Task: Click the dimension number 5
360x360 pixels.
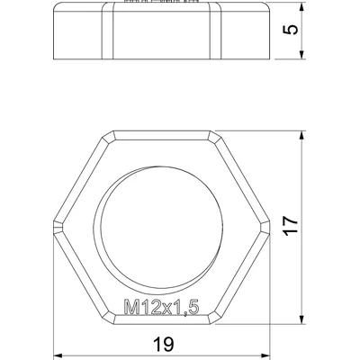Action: click(x=292, y=30)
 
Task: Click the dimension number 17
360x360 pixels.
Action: click(x=292, y=225)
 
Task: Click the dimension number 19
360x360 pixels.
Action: click(x=164, y=344)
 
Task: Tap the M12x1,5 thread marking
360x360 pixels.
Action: click(x=161, y=307)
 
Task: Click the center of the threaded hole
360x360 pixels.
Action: click(x=162, y=227)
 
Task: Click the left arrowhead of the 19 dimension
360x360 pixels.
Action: click(x=58, y=356)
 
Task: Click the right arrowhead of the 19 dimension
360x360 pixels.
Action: click(x=265, y=356)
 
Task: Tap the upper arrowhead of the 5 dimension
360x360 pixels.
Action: click(x=302, y=7)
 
